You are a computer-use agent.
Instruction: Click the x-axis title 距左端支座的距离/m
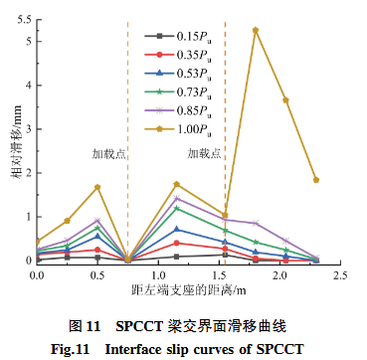coord(188,291)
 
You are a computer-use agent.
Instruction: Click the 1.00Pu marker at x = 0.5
coord(97,187)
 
